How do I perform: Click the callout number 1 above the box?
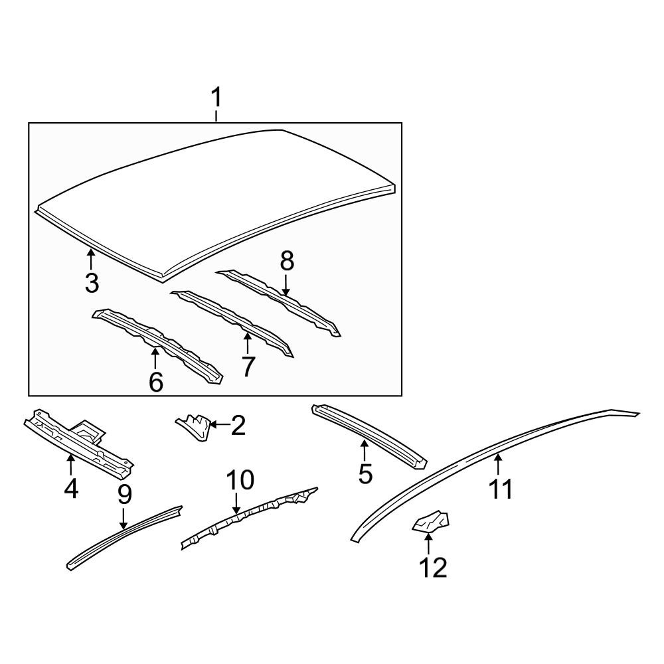click(x=216, y=98)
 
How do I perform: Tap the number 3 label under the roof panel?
click(x=92, y=283)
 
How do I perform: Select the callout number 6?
click(x=156, y=382)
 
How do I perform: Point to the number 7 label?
click(x=248, y=367)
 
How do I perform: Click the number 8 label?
click(x=287, y=262)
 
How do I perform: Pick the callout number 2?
click(x=238, y=426)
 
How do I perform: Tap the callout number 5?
click(x=365, y=473)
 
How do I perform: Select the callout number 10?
click(x=240, y=480)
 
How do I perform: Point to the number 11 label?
click(x=501, y=489)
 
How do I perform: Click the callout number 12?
click(x=433, y=568)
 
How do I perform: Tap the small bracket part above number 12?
click(x=431, y=522)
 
